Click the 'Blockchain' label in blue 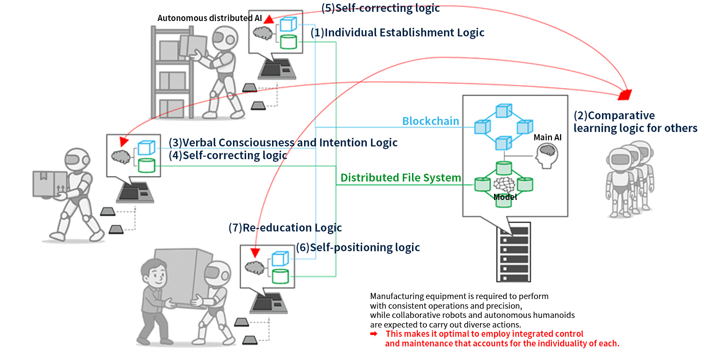[x=430, y=121]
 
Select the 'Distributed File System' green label [x=401, y=178]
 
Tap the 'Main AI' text [x=547, y=137]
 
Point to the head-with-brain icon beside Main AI [x=547, y=156]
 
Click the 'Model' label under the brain [x=505, y=197]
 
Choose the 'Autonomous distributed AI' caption [x=209, y=18]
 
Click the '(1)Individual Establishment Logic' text [x=397, y=32]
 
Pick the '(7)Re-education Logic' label [x=285, y=228]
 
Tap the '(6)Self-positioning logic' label [x=358, y=247]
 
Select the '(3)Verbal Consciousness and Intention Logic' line [x=283, y=143]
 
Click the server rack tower [x=514, y=252]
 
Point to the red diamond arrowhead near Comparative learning [x=625, y=94]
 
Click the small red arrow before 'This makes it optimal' [x=374, y=334]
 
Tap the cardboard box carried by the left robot [x=50, y=183]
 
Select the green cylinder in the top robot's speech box [x=288, y=42]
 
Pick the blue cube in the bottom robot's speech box [x=280, y=259]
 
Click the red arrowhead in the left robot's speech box [x=124, y=142]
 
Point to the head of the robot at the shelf [x=225, y=38]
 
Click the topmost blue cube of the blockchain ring [x=503, y=111]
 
